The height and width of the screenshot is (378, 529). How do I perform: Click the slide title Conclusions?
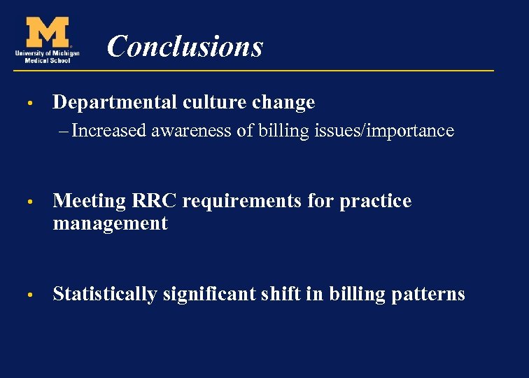point(185,47)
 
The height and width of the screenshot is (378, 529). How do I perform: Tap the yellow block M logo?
point(48,32)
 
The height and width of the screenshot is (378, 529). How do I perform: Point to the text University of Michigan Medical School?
point(47,56)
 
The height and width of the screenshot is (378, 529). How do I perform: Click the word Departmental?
point(115,103)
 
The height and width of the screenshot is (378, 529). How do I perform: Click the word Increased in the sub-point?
point(109,131)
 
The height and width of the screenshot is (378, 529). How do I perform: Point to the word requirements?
point(258,202)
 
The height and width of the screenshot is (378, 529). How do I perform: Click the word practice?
point(376,202)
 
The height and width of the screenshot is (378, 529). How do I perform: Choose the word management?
point(111,224)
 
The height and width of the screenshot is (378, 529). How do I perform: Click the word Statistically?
point(105,295)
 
